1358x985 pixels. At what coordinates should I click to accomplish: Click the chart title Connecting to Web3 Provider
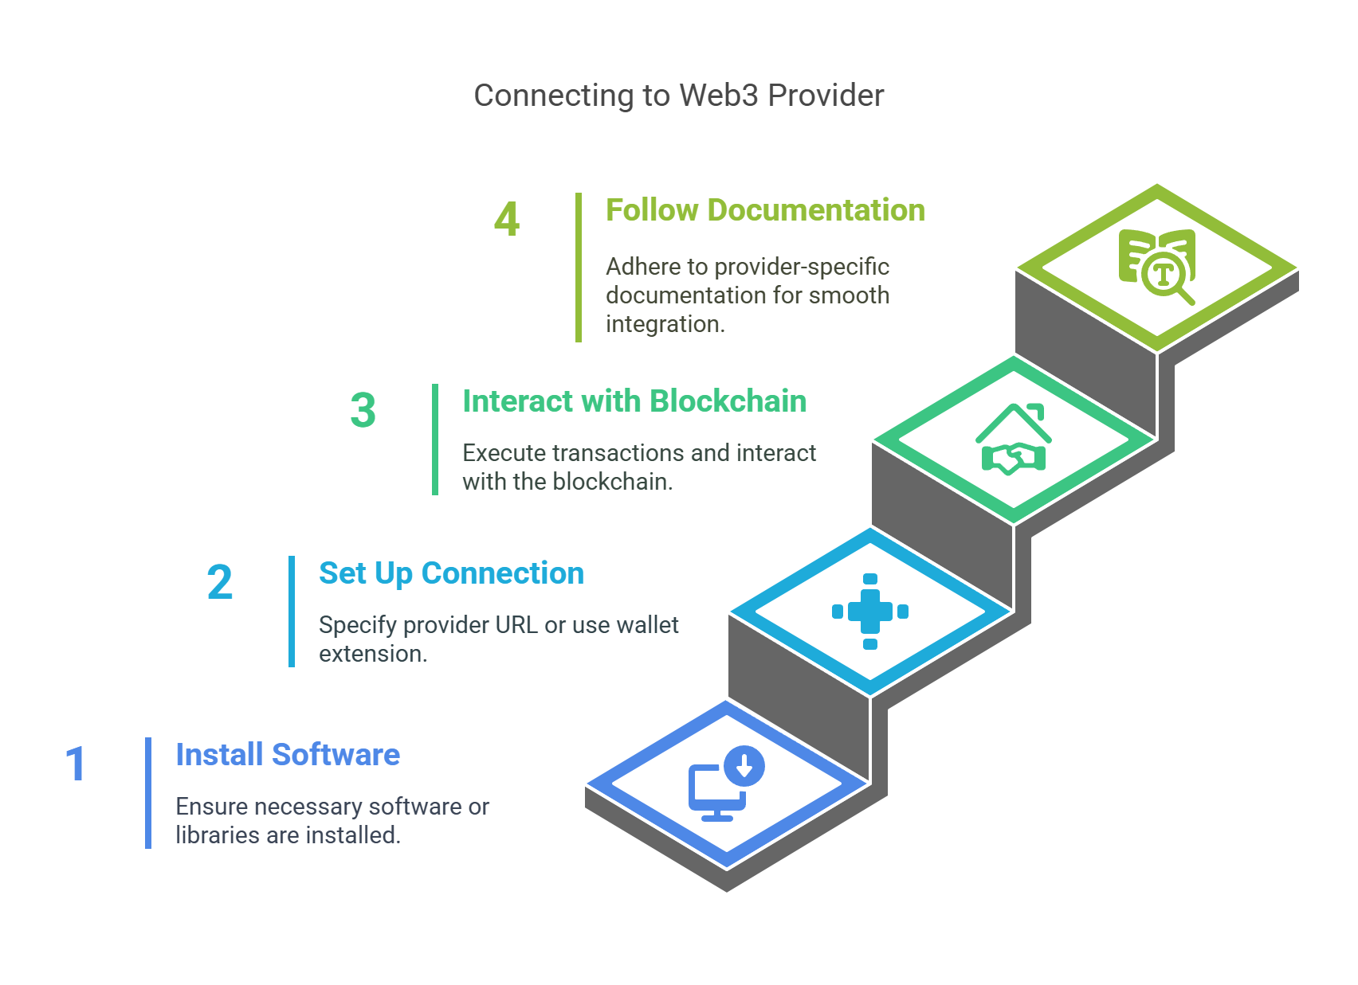[x=678, y=96]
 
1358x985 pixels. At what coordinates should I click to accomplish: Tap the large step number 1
[x=76, y=764]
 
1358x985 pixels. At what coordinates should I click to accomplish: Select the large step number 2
[x=219, y=582]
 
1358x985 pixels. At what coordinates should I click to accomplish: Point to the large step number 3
[x=363, y=410]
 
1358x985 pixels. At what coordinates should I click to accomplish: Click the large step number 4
[x=507, y=219]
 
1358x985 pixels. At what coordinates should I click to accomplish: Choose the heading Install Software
[x=288, y=754]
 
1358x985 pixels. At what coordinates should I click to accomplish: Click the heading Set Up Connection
[x=451, y=573]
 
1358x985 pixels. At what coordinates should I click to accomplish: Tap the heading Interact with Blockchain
[x=634, y=401]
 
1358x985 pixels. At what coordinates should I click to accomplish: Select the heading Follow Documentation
[x=765, y=210]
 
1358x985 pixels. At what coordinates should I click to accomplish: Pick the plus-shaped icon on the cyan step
[x=870, y=612]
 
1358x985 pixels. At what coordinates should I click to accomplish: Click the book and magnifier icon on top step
[x=1157, y=266]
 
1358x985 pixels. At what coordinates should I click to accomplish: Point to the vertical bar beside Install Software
[x=148, y=793]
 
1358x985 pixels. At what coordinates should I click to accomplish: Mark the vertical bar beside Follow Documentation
[x=579, y=268]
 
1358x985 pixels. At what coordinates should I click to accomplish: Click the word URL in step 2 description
[x=516, y=625]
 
